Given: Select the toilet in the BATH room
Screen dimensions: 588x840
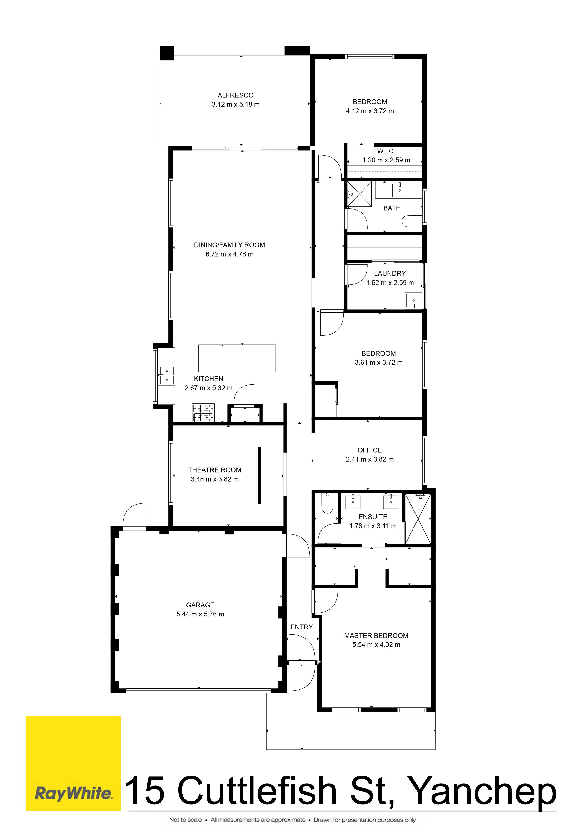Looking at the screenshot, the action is click(x=412, y=221).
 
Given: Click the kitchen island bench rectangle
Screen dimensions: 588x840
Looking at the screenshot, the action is click(x=237, y=358).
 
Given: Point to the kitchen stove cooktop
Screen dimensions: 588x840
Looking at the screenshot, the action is click(x=203, y=413).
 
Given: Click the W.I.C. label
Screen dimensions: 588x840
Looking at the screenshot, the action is click(x=386, y=151).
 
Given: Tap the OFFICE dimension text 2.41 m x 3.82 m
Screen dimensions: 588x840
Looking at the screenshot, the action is click(x=370, y=459).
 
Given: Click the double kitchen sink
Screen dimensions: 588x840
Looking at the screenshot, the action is click(x=167, y=375).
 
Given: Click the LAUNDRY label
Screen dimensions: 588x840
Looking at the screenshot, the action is click(x=390, y=273).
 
